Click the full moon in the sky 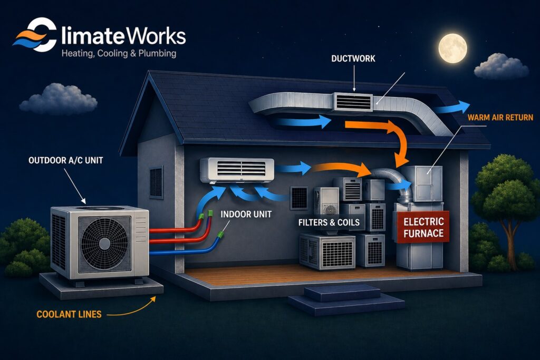(x=452, y=48)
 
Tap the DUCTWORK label (x=353, y=59)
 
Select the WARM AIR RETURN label (x=500, y=118)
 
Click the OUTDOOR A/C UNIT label (x=66, y=160)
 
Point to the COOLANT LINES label (x=69, y=314)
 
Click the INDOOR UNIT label (x=246, y=215)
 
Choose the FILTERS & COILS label (x=329, y=222)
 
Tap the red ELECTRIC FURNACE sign (x=423, y=228)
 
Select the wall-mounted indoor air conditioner (x=237, y=170)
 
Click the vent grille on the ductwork (x=353, y=102)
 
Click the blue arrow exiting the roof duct (x=451, y=108)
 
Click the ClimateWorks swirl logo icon (x=35, y=35)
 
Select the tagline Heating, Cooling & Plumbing (x=119, y=54)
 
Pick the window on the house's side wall (x=156, y=182)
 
